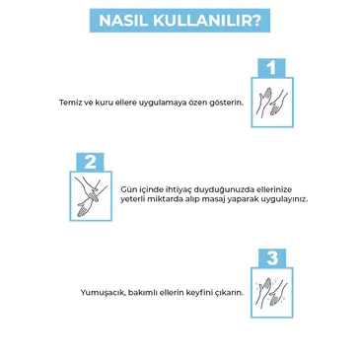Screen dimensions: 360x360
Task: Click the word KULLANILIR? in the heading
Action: coord(203,21)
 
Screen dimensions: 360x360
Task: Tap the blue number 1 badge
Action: coord(270,68)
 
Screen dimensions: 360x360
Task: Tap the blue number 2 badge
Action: coord(89,162)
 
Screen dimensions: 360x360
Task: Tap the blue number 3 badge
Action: coord(270,257)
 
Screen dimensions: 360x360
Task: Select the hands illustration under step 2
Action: coord(89,195)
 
